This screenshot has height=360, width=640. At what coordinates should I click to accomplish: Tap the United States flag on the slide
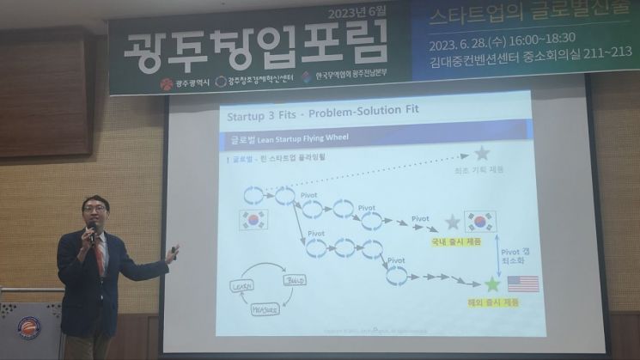pyautogui.click(x=522, y=284)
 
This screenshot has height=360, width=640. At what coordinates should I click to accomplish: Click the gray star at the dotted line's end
pyautogui.click(x=482, y=154)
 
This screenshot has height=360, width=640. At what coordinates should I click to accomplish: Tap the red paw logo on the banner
pyautogui.click(x=165, y=83)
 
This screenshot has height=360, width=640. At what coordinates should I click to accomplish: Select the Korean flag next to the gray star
pyautogui.click(x=480, y=222)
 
